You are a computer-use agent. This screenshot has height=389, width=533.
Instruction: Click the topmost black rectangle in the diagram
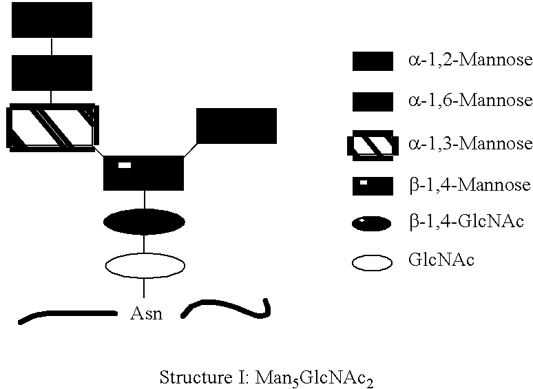click(x=52, y=19)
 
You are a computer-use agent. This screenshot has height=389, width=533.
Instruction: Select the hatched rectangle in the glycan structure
click(x=52, y=127)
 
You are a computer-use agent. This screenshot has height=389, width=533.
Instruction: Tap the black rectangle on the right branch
click(x=236, y=126)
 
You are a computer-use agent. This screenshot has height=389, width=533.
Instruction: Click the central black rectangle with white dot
click(x=143, y=173)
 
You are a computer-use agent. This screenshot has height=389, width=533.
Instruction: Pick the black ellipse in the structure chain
click(x=143, y=222)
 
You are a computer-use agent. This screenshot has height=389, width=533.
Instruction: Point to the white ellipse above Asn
click(x=143, y=265)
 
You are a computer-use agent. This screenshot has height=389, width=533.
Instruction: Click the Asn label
click(x=146, y=315)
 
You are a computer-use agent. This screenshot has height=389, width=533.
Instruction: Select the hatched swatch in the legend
click(x=372, y=145)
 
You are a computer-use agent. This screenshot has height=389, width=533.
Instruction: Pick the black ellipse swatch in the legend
click(x=372, y=223)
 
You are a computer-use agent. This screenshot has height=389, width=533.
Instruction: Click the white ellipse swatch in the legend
click(x=372, y=262)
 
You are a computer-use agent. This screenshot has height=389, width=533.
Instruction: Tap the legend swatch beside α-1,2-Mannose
click(x=372, y=61)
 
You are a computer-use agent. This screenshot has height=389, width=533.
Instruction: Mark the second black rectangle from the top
click(x=52, y=72)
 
